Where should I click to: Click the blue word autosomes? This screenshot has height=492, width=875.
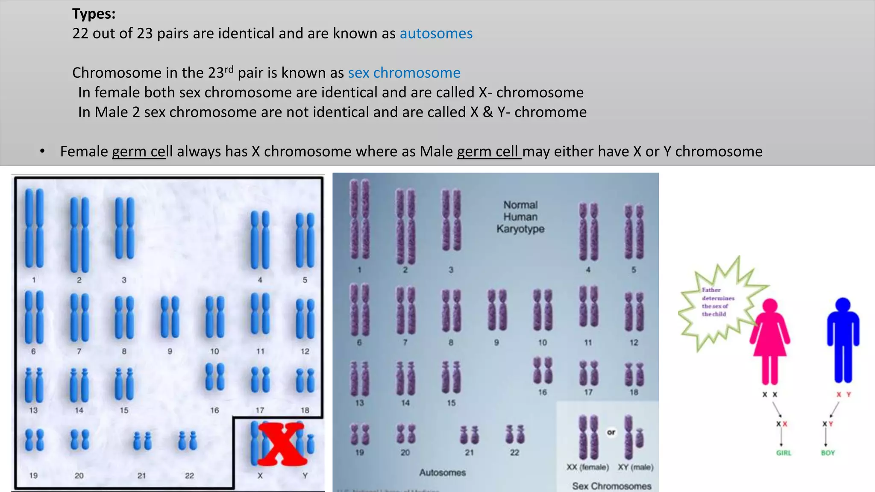[436, 33]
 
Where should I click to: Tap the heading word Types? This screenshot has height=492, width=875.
[94, 14]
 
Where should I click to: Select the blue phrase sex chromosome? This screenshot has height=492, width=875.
[404, 73]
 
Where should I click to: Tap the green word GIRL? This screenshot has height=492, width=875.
[784, 453]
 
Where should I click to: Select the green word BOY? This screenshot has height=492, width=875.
[828, 453]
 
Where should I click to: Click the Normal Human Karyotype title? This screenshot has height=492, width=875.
[520, 217]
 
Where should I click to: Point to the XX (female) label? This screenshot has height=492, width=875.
[587, 467]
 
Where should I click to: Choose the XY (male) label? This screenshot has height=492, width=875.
[635, 467]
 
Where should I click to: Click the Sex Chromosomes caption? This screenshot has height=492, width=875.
[611, 486]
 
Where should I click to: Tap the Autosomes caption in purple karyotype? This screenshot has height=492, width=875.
[442, 472]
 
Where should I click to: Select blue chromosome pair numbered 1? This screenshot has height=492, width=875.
[34, 229]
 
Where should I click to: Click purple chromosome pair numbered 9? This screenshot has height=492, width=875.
[497, 310]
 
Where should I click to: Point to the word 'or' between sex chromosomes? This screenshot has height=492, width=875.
[611, 432]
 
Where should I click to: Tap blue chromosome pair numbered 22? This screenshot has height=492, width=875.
[188, 441]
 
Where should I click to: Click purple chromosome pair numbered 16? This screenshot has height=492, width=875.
[543, 370]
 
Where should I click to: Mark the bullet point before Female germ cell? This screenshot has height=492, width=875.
[42, 151]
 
